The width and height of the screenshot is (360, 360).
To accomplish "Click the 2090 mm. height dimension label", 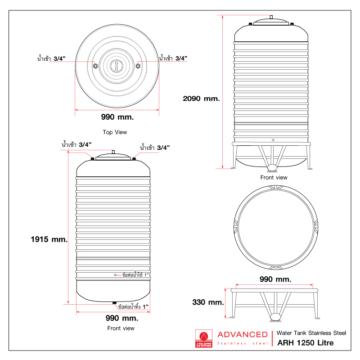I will [201, 98].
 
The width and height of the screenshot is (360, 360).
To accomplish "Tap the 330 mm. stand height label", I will [207, 302].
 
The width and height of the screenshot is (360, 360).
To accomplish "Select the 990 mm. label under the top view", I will [117, 117].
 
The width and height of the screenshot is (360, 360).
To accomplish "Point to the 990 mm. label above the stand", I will [272, 279].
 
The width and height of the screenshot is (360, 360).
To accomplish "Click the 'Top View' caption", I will [115, 132].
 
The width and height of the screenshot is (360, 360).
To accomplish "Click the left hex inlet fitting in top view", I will [95, 66].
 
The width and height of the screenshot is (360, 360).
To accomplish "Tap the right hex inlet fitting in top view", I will [138, 66].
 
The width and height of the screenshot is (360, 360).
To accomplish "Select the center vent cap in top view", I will [117, 66].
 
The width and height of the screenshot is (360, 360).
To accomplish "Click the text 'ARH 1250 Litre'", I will [306, 343].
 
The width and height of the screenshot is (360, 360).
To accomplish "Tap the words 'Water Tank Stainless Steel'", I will [311, 333].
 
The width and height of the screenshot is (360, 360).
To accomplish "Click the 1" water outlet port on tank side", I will [115, 274].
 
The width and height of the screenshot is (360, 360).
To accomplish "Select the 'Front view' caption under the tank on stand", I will [274, 177].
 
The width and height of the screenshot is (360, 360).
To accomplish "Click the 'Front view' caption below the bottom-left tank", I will [121, 328].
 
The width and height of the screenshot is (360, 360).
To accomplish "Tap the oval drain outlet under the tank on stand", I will [272, 168].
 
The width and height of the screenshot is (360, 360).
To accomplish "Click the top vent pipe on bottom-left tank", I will [114, 151].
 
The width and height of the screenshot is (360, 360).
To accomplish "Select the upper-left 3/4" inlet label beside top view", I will [51, 58].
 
